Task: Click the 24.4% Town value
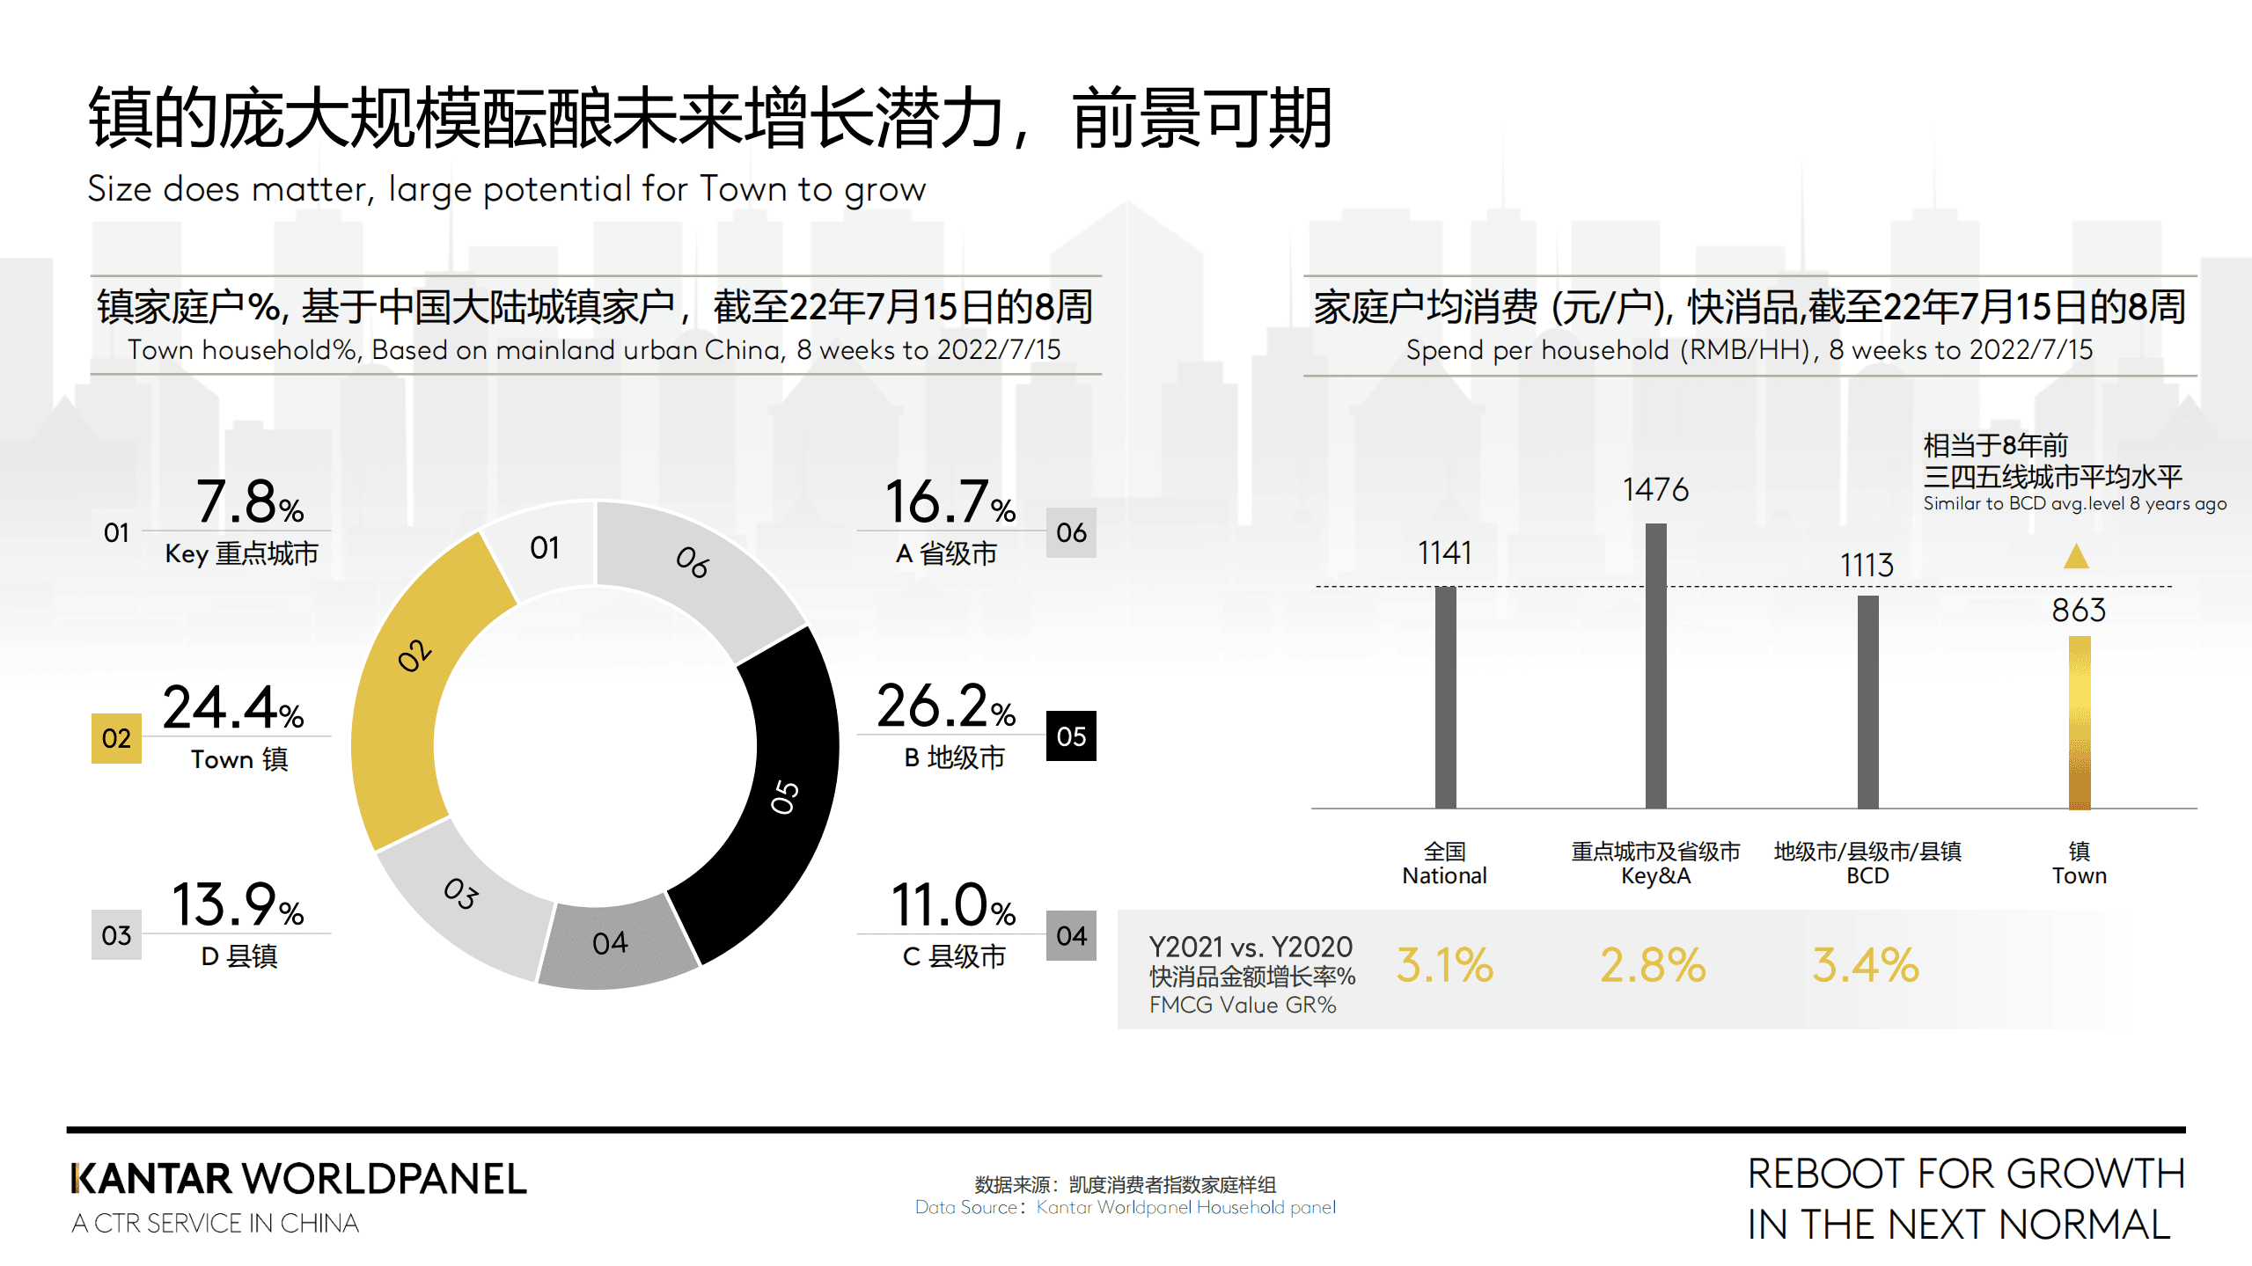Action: (233, 707)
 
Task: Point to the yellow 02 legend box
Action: (116, 738)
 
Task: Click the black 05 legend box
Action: (1070, 736)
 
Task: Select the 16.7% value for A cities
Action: (949, 502)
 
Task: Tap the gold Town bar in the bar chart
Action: (2079, 721)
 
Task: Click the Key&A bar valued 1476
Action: (1655, 665)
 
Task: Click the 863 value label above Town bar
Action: (2079, 610)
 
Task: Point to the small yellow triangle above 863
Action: (2076, 558)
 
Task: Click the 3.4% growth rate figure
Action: (1865, 965)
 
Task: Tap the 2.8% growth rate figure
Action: (1653, 965)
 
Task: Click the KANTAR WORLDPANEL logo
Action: (299, 1179)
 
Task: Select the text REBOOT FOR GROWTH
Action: (1965, 1175)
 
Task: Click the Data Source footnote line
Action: (1125, 1207)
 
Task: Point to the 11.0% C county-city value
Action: (953, 905)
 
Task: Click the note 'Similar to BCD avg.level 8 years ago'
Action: (2074, 503)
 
